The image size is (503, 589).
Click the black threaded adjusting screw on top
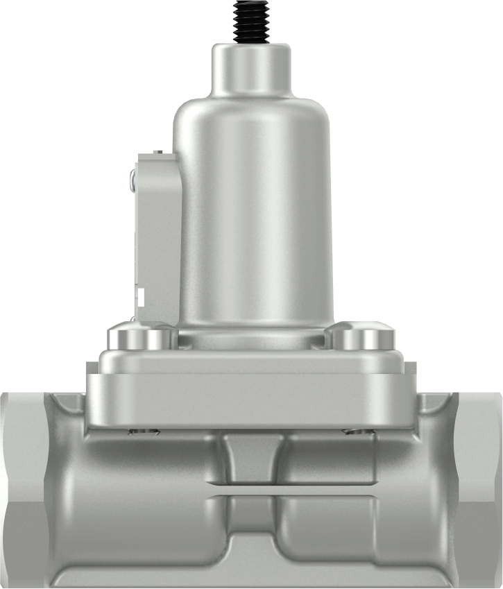(x=251, y=21)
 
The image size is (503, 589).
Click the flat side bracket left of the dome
(x=158, y=236)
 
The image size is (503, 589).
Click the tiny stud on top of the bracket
(x=158, y=152)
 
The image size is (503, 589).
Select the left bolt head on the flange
(x=141, y=338)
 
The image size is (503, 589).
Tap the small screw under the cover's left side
(x=144, y=432)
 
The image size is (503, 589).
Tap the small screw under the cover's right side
(x=359, y=432)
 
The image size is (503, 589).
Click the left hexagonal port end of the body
(x=21, y=486)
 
